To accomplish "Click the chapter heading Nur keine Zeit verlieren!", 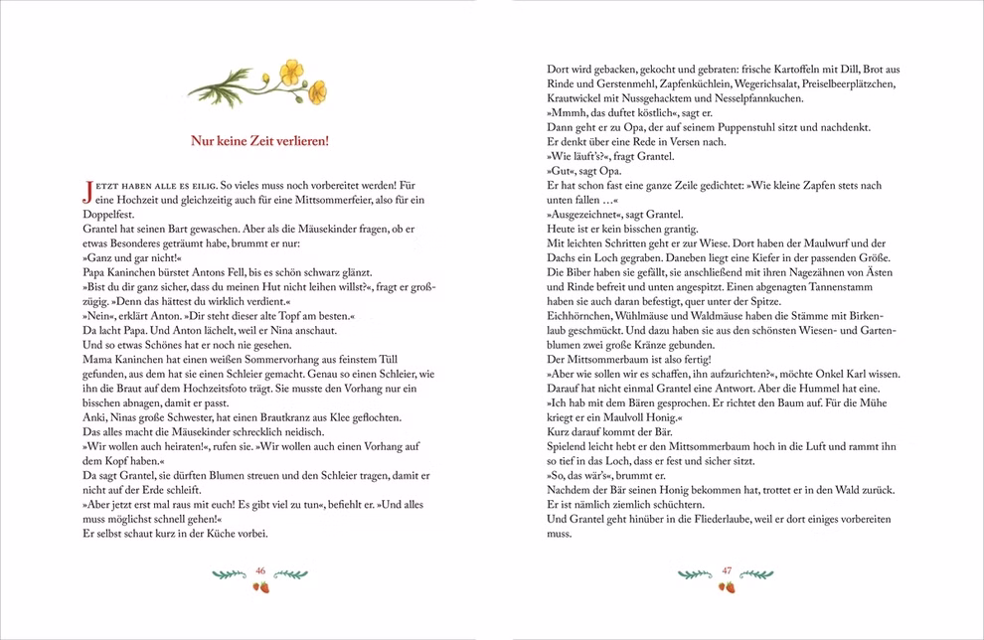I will tap(259, 141).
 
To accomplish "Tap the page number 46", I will tap(260, 570).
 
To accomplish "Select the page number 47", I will tap(727, 570).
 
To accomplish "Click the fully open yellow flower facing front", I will tap(290, 71).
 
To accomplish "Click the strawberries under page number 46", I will tap(261, 587).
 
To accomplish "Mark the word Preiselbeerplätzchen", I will tap(835, 84).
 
